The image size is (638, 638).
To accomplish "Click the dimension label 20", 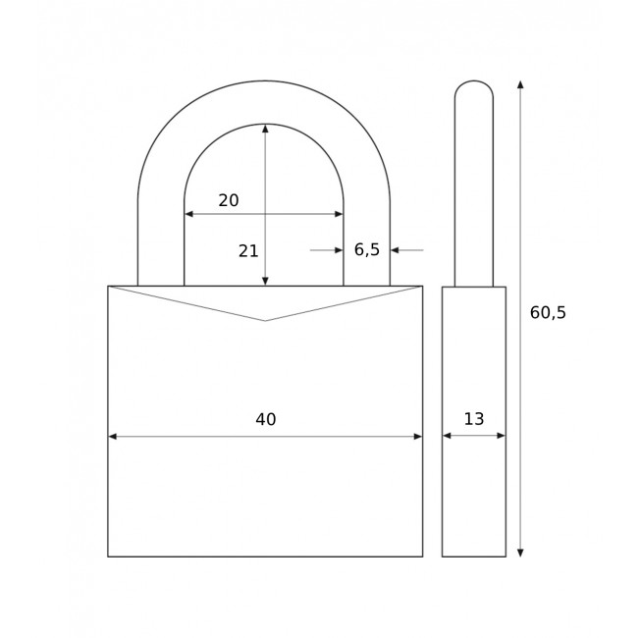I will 229,200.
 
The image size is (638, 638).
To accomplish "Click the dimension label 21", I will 248,251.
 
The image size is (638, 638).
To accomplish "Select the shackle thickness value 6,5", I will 367,250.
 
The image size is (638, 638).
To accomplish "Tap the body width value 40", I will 265,420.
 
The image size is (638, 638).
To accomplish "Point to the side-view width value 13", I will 474,419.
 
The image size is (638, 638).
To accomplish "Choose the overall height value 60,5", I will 548,313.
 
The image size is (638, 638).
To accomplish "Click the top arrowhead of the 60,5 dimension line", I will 520,85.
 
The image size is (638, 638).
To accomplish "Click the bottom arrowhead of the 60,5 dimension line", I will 520,553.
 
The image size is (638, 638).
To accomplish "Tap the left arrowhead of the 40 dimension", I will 112,437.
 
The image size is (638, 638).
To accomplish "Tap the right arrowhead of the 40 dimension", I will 418,437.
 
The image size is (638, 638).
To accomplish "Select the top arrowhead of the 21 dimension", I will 265,129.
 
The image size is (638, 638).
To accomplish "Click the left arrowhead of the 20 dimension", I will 188,214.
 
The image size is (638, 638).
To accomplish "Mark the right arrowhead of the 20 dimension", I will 339,214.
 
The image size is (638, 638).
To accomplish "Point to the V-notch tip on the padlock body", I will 265,321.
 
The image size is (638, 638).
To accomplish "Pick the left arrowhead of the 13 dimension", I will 447,436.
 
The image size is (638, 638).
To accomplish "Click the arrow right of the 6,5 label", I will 396,250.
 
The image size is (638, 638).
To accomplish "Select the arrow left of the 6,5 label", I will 338,250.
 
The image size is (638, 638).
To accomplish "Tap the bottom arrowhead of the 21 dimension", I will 265,282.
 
